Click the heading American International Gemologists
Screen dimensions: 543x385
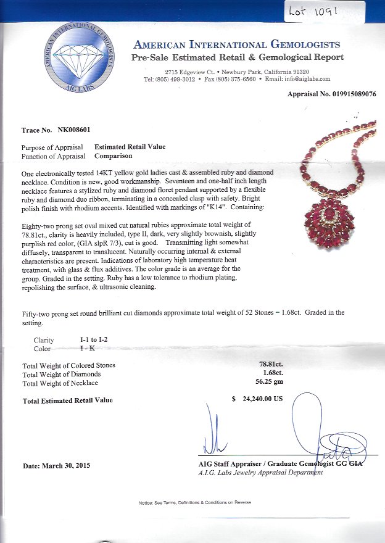point(236,44)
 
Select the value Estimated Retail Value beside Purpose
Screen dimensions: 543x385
point(130,147)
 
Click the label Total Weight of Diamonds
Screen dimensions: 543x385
point(60,374)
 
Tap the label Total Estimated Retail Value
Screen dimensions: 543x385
point(68,400)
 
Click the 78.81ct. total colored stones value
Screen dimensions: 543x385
point(271,365)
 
